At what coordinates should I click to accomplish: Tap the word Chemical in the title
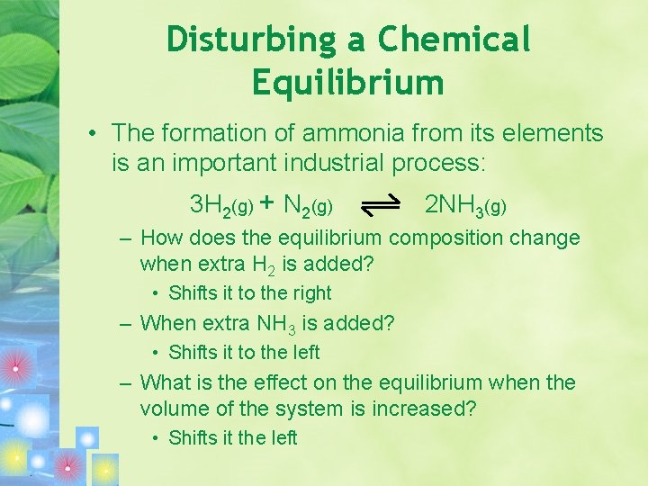coord(454,39)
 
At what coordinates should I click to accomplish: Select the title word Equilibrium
coord(348,83)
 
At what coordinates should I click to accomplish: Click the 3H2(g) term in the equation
coord(221,205)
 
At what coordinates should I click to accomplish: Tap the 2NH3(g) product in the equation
coord(465,205)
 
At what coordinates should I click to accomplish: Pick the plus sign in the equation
coord(267,204)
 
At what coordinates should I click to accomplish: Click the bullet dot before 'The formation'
coord(93,134)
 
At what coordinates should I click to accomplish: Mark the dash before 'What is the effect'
coord(127,382)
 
